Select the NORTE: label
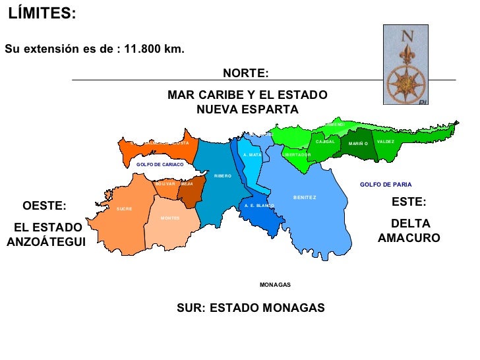[245, 73]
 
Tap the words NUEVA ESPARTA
[247, 109]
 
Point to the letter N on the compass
[406, 36]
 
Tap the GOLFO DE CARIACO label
[160, 164]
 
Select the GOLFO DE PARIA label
[386, 185]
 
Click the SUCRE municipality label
[124, 209]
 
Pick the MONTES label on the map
[170, 218]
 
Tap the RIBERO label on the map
[223, 176]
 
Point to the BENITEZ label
[305, 198]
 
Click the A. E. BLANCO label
[258, 206]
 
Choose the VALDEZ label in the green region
[386, 142]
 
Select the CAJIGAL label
[326, 142]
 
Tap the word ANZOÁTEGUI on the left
[46, 242]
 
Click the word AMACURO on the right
[409, 238]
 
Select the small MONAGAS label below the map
[275, 285]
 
